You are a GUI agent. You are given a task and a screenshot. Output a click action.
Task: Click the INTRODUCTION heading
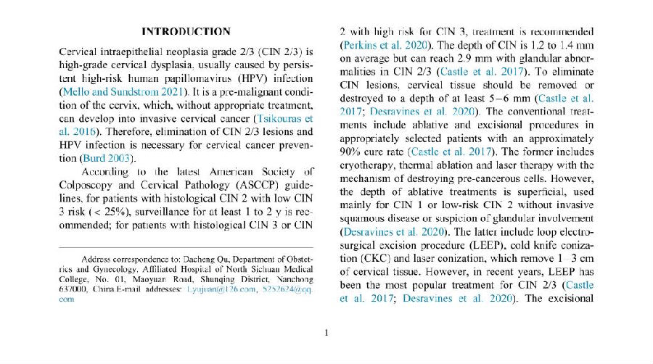[x=186, y=31]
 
